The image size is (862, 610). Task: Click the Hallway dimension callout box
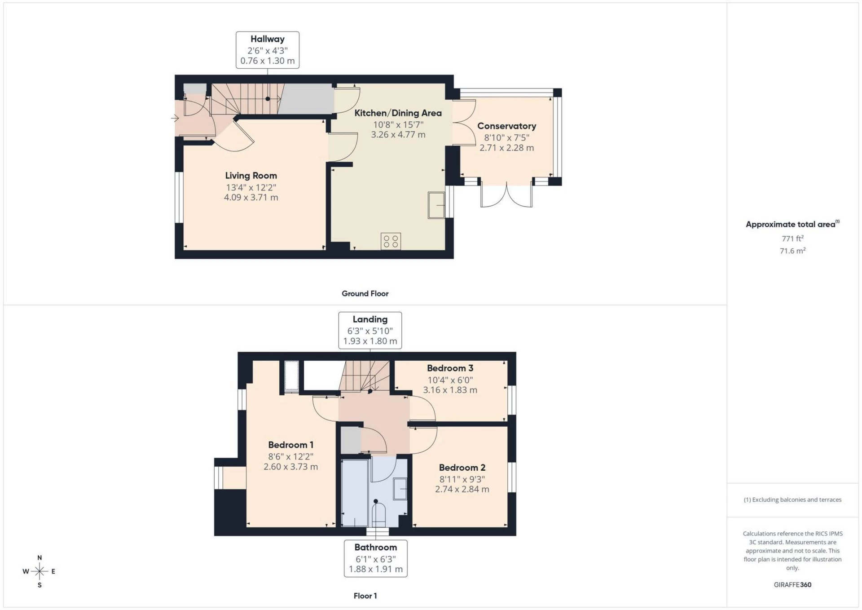(x=268, y=50)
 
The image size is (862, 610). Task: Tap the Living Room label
(x=251, y=176)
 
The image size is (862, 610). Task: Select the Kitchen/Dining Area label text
(x=398, y=113)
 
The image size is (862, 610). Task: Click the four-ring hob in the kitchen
(x=391, y=241)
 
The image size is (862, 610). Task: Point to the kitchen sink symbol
(x=436, y=205)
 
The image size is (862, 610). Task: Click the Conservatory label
(x=506, y=126)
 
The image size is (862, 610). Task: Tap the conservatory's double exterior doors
(x=506, y=196)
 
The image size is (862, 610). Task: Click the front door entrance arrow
(x=175, y=118)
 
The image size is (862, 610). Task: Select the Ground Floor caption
(x=365, y=293)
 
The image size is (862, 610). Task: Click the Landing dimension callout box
(x=370, y=330)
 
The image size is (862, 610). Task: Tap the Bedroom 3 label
(x=450, y=368)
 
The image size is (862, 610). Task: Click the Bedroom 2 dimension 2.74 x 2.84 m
(x=462, y=489)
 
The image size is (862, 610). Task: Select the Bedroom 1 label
(x=290, y=445)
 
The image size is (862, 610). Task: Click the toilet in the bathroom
(x=379, y=515)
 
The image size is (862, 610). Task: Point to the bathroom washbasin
(x=400, y=489)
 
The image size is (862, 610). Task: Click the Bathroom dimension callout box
(x=376, y=558)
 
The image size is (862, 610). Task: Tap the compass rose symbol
(x=40, y=571)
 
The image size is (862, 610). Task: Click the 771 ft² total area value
(x=792, y=239)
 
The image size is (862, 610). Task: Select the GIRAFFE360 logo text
(x=792, y=584)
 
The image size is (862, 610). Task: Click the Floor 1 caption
(x=365, y=596)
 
